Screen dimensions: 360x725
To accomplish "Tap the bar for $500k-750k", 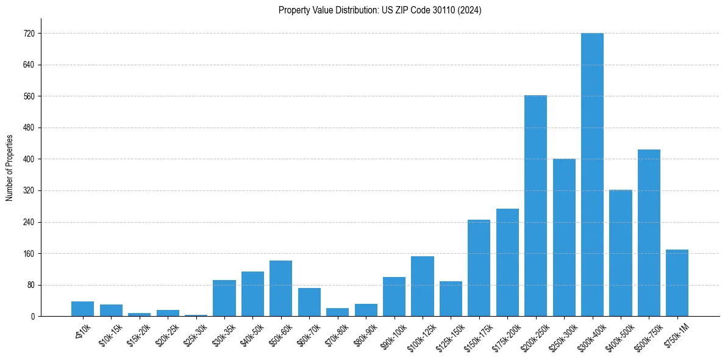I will click(649, 232).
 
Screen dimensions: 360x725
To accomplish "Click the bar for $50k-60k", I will click(280, 288).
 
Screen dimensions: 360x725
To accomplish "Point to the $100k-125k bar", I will click(422, 286).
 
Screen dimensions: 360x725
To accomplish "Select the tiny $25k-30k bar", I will click(196, 315).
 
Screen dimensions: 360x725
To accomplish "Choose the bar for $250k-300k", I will click(564, 237).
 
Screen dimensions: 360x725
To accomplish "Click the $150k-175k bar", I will click(479, 268).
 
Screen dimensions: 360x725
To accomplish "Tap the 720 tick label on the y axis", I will click(28, 34).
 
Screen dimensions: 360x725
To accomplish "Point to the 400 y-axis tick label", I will click(28, 159).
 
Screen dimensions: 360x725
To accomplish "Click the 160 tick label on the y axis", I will click(28, 254).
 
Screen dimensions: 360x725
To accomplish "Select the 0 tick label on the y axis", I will click(32, 317).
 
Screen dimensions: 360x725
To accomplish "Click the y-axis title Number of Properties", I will click(9, 168).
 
